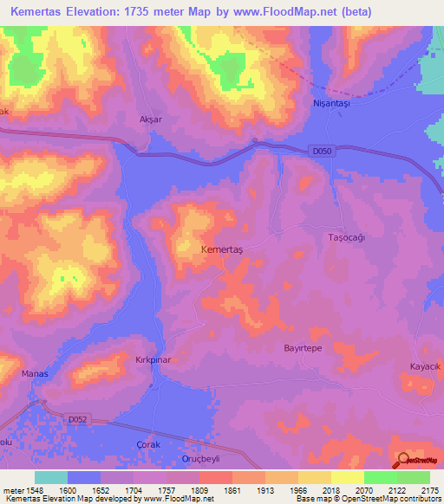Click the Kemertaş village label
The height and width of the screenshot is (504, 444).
pyautogui.click(x=223, y=249)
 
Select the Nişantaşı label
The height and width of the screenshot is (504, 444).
pyautogui.click(x=330, y=102)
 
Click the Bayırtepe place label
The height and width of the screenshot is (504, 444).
pyautogui.click(x=303, y=346)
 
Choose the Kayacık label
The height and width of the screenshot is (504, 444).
pyautogui.click(x=426, y=367)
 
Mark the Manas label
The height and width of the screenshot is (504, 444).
pyautogui.click(x=34, y=373)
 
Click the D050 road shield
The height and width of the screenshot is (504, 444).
pyautogui.click(x=321, y=152)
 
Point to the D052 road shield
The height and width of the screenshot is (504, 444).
pyautogui.click(x=79, y=419)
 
